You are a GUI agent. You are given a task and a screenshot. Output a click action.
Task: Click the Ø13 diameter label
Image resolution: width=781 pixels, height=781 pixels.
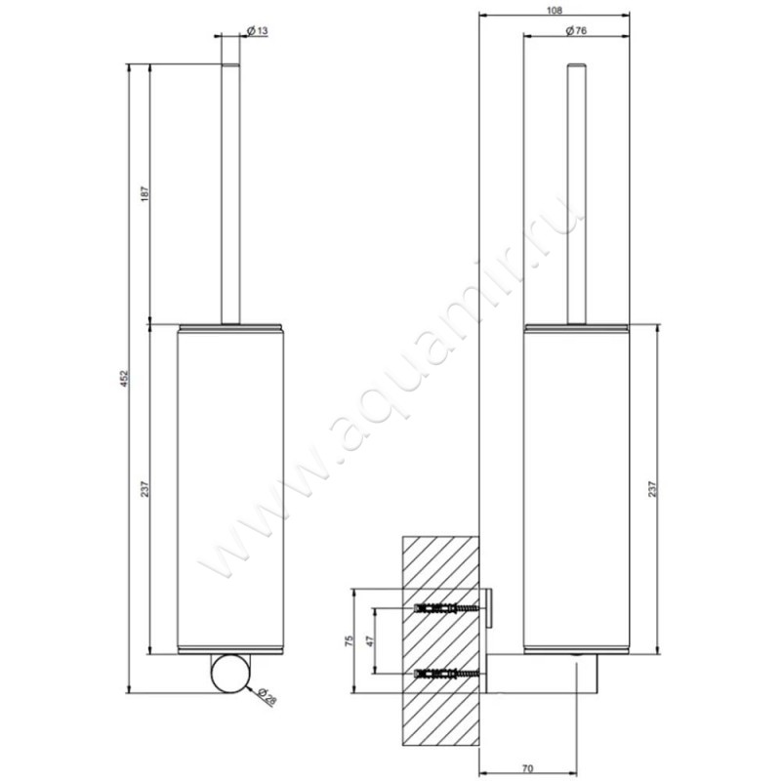point(257,31)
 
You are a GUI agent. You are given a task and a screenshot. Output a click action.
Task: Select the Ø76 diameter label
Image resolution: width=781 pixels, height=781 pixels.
point(575,31)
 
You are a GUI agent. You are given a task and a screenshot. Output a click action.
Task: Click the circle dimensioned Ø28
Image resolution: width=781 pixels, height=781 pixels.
point(230,674)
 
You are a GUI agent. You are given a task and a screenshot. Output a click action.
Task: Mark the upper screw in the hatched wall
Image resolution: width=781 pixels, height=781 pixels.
point(449,609)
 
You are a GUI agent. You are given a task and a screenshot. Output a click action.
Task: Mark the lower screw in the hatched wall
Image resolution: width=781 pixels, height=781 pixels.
point(449,674)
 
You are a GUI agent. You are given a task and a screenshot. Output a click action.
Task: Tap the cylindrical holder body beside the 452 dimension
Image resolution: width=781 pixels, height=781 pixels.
point(230,488)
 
